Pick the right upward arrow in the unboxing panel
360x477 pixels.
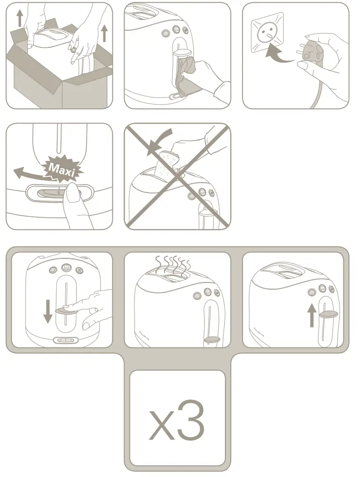[104, 33]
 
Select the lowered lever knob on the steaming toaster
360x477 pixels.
[212, 339]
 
